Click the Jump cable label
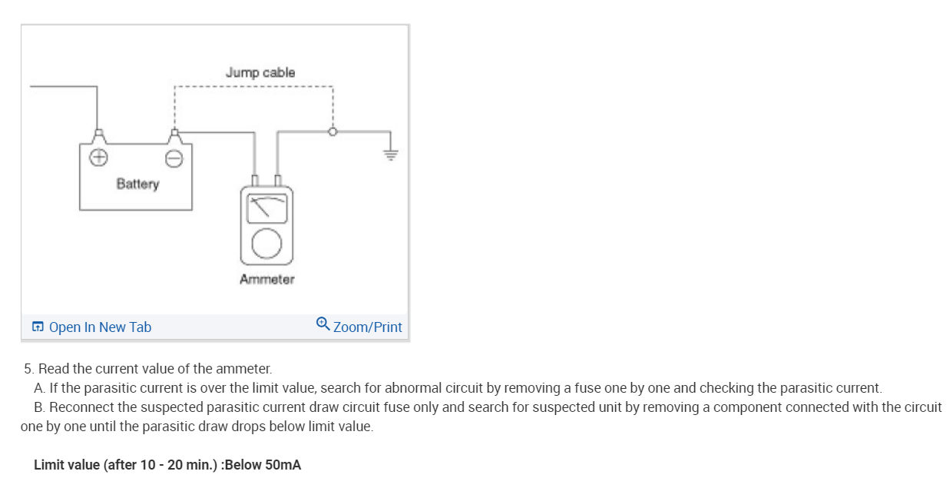260,72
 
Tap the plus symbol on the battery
98,158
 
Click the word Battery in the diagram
137,184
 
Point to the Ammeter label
266,279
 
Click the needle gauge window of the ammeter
266,208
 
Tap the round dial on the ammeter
266,244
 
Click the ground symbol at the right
392,153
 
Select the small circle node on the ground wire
333,131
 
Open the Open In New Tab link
100,327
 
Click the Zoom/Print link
367,327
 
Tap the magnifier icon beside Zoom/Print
323,325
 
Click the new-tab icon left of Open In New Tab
38,327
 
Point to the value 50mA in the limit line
283,465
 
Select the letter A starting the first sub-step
39,388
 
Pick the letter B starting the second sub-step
39,407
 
